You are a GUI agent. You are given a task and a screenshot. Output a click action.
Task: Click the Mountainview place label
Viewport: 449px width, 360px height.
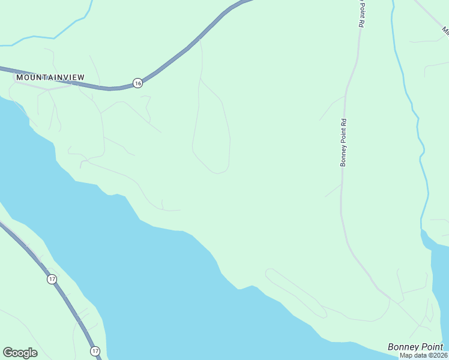[50, 77]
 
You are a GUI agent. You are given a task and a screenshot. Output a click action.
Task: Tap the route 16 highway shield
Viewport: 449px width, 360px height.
[138, 83]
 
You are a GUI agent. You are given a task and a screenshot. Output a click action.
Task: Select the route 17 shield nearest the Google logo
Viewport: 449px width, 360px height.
[95, 350]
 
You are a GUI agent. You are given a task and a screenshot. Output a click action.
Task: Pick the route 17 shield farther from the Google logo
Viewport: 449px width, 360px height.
[52, 279]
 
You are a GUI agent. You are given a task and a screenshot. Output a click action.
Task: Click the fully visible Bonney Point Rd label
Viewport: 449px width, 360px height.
[344, 142]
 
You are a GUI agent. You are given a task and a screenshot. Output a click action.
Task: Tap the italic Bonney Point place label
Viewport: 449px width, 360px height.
[415, 347]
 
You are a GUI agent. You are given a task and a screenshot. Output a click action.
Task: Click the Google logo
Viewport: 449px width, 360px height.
[20, 353]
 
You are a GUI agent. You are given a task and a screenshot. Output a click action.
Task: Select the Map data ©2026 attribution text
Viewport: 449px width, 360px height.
[424, 355]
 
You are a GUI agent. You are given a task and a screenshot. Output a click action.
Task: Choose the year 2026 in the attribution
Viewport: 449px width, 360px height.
[439, 355]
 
